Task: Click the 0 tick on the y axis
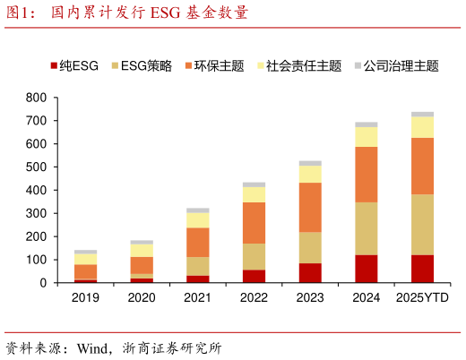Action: [x=42, y=283]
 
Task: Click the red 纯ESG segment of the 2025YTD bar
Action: [x=422, y=269]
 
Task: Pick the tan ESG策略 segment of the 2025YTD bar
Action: [x=422, y=225]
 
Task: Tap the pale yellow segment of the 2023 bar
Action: [x=310, y=174]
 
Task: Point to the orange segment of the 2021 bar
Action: [x=197, y=242]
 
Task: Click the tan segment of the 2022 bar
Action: [x=254, y=256]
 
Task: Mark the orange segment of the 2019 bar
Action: [x=85, y=271]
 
